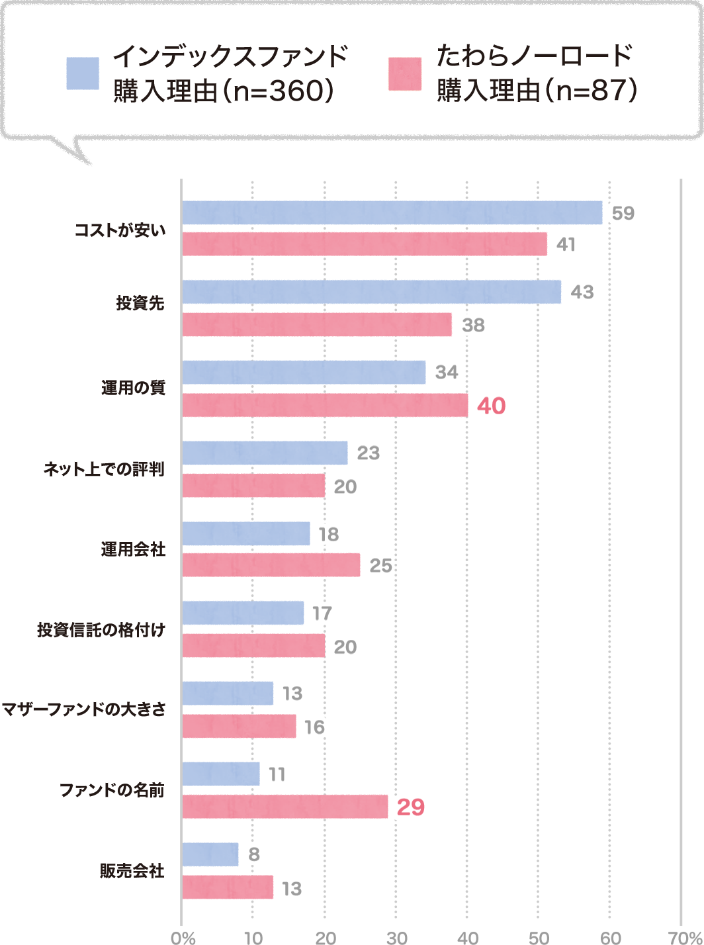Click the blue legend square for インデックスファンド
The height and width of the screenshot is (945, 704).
[x=83, y=73]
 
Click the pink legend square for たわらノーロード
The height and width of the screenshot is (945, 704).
[x=405, y=73]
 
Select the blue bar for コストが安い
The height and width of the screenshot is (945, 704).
[x=392, y=212]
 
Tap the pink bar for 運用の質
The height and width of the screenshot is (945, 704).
[x=325, y=405]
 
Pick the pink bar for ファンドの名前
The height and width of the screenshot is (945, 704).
[x=285, y=807]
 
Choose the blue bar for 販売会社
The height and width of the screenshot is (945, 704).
[x=210, y=854]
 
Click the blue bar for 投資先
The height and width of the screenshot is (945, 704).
[x=371, y=292]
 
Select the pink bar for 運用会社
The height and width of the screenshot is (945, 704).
[x=271, y=565]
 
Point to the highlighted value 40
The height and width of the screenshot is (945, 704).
[x=491, y=406]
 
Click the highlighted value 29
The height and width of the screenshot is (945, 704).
[x=410, y=807]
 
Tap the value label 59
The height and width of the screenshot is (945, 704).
[x=623, y=213]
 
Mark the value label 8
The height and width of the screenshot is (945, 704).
[x=254, y=854]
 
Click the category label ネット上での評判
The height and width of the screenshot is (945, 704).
[x=104, y=469]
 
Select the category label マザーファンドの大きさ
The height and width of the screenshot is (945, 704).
[x=83, y=709]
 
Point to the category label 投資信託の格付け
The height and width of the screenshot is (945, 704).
[x=101, y=629]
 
